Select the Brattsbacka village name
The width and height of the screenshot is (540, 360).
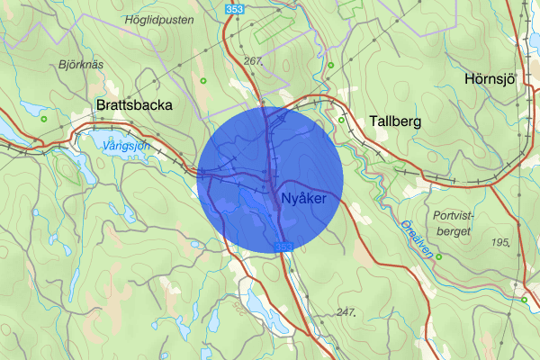click(x=133, y=105)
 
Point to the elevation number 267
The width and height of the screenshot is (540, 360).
click(x=253, y=61)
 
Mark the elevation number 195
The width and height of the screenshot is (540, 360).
click(x=502, y=243)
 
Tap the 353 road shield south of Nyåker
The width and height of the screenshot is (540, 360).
click(x=283, y=247)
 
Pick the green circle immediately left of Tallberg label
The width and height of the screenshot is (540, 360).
click(x=342, y=119)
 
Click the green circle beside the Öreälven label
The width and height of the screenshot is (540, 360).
click(x=439, y=256)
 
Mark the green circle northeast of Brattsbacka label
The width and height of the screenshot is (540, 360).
click(x=204, y=82)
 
